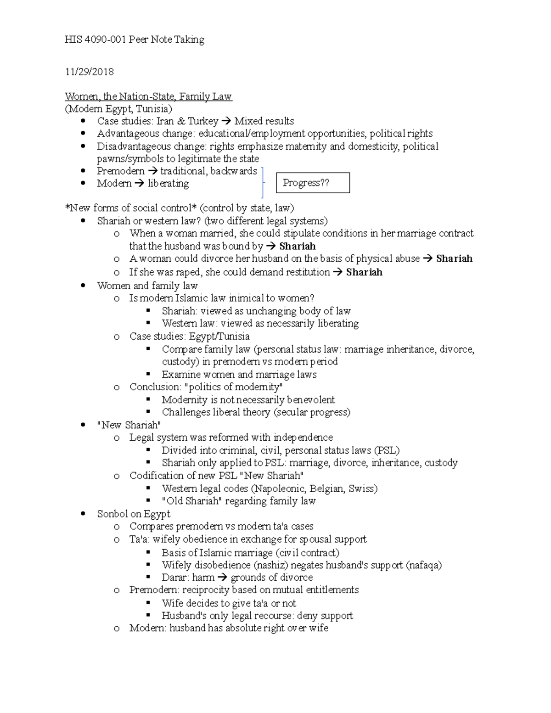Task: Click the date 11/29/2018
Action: (x=89, y=72)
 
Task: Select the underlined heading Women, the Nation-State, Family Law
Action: (x=148, y=96)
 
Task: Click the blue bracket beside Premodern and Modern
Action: (x=263, y=183)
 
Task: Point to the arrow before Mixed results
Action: (x=226, y=122)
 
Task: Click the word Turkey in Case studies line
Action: (x=202, y=121)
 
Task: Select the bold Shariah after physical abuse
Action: (x=454, y=258)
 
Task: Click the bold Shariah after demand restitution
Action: (x=364, y=272)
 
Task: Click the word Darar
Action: (x=174, y=578)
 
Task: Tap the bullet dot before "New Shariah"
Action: (x=83, y=425)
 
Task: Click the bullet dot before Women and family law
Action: (x=83, y=286)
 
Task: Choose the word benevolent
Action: (x=310, y=400)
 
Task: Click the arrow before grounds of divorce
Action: (x=222, y=578)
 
